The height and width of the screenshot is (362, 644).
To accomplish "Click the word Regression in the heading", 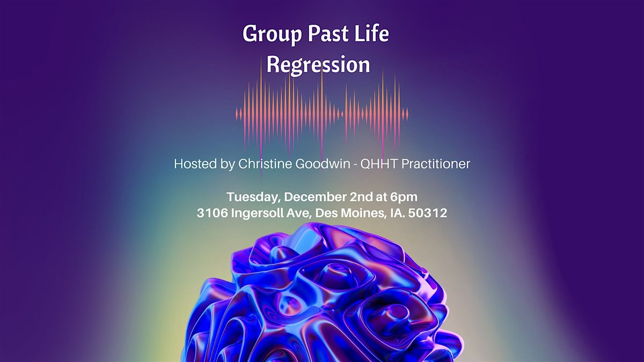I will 318,65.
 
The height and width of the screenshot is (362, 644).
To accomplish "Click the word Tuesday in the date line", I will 250,196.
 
